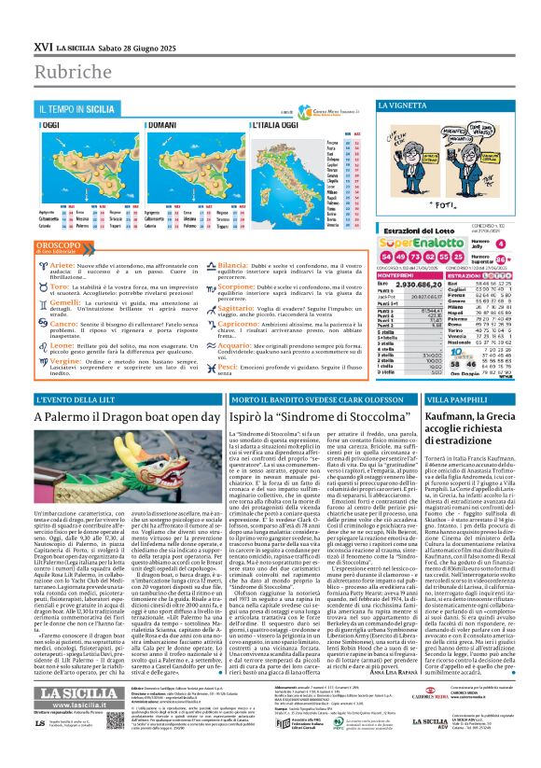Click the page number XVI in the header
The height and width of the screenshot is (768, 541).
(16, 19)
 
